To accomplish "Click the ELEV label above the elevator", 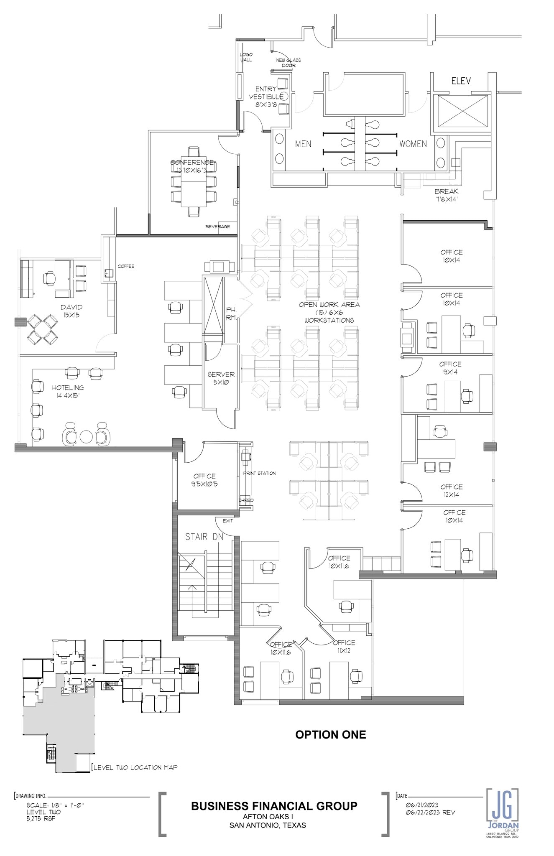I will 461,81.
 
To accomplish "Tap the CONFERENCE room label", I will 192,166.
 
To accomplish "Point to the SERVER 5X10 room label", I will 221,378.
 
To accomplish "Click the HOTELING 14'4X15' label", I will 68,391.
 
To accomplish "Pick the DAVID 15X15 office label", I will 71,311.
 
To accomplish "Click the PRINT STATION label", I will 260,473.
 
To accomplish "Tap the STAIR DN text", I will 204,537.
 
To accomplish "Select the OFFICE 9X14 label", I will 451,368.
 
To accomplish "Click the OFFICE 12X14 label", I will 452,491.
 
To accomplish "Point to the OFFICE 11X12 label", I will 344,647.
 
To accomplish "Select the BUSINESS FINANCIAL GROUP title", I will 274,806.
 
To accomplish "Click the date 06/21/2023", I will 422,805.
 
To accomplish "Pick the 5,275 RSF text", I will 41,818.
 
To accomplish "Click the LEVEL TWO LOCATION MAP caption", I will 135,767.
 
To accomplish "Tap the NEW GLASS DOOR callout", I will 288,63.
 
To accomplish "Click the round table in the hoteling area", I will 86,436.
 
